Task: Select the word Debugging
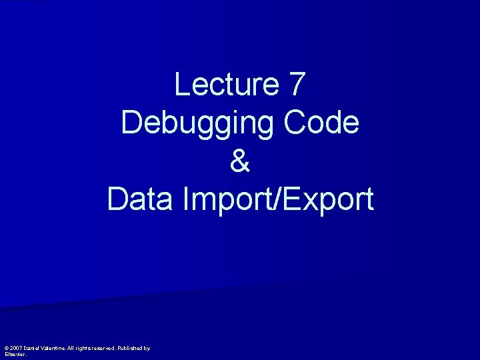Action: pyautogui.click(x=198, y=124)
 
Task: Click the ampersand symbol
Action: pyautogui.click(x=240, y=162)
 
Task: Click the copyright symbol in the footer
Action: pyautogui.click(x=7, y=348)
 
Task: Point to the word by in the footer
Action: pyautogui.click(x=148, y=349)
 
